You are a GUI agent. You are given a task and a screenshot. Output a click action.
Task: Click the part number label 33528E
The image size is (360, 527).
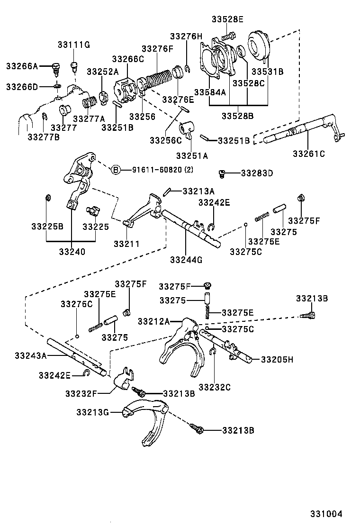coord(227,19)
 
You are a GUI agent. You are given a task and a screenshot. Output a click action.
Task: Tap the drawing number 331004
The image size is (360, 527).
coord(326,514)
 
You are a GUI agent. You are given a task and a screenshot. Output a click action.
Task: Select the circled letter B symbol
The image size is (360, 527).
coord(116,170)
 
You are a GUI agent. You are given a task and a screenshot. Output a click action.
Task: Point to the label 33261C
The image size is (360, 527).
coord(309,154)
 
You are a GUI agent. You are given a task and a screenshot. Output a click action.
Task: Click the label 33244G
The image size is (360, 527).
coord(186,260)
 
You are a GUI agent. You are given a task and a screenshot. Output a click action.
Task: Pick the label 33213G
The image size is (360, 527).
coord(92,412)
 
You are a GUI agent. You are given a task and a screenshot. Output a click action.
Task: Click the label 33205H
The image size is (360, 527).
coord(277,359)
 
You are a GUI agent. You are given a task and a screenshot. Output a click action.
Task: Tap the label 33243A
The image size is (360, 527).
coord(30,355)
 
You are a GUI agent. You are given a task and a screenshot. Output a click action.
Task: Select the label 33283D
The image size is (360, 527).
coord(257,173)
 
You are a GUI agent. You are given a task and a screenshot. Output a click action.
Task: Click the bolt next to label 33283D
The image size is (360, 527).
coord(221,173)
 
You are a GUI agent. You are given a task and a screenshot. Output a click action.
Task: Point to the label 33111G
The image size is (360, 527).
coord(73,45)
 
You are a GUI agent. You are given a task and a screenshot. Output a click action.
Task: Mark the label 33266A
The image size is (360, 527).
coord(22,66)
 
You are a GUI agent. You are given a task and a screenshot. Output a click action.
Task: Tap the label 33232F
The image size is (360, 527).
coord(81,392)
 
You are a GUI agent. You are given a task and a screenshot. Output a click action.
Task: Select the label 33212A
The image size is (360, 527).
coord(154,321)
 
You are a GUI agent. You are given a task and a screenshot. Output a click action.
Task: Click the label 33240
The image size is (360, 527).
coord(72,252)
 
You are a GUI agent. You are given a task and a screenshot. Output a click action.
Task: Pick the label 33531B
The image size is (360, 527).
coord(267,72)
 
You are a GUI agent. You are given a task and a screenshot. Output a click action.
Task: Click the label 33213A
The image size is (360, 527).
coord(198,191)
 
